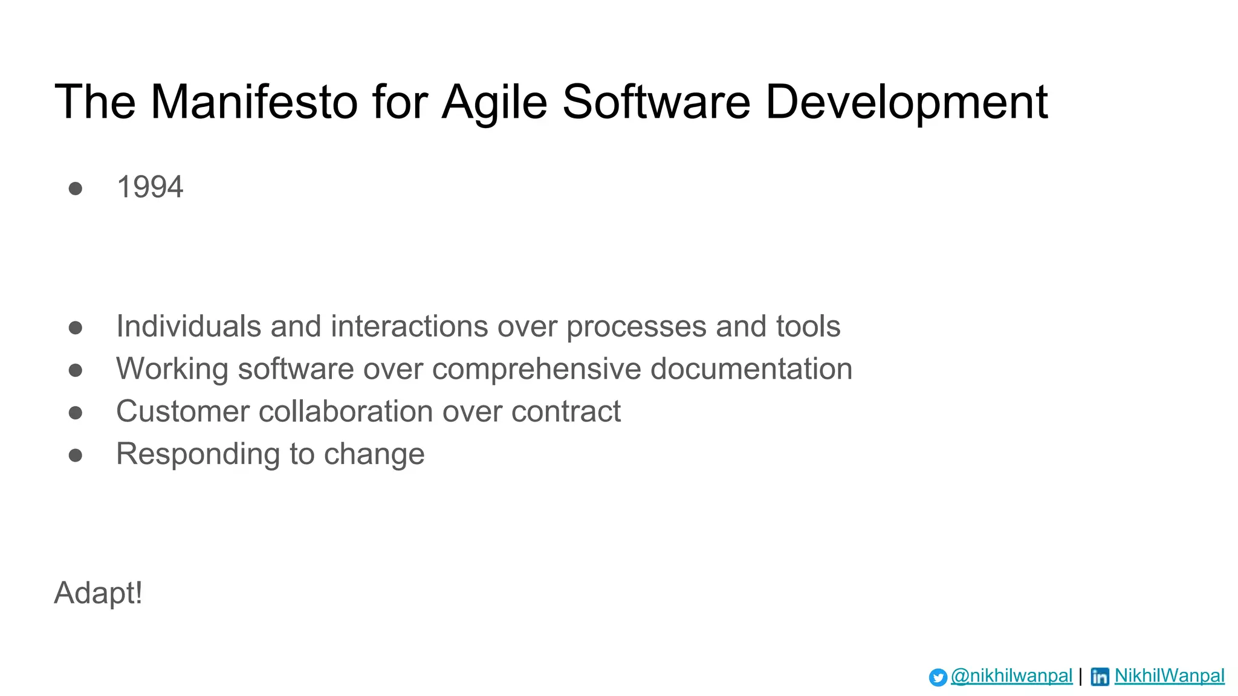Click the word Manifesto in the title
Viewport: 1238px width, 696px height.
(x=254, y=102)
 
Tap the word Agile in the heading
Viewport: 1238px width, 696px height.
(x=494, y=102)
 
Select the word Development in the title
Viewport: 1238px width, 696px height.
(x=906, y=102)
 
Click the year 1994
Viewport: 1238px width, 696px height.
(x=149, y=187)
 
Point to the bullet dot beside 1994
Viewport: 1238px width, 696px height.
(x=76, y=188)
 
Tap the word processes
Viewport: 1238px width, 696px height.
(x=636, y=327)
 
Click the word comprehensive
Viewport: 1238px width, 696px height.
(x=536, y=369)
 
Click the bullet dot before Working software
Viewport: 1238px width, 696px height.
(x=76, y=370)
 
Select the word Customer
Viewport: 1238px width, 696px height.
(x=182, y=411)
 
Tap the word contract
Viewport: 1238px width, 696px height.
(x=566, y=412)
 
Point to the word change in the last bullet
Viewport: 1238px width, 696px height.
(x=374, y=454)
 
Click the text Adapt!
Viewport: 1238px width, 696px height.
(x=99, y=593)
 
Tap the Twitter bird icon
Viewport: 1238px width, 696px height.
(x=938, y=677)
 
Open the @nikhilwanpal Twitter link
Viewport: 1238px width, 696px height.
(x=1011, y=675)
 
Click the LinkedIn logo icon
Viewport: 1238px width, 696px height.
(x=1100, y=677)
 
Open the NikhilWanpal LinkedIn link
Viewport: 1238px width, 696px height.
(x=1169, y=675)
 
